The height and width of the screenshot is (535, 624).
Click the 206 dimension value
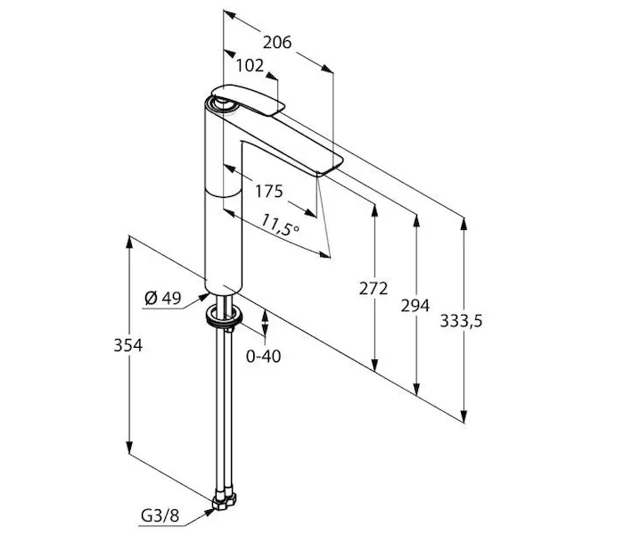pos(277,42)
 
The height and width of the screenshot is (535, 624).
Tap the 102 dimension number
pos(250,65)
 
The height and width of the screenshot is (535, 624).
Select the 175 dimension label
pos(268,191)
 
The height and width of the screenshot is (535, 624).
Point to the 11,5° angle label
pos(279,226)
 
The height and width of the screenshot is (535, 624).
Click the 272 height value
pos(374,288)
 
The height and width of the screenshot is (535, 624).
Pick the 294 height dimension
pos(415,306)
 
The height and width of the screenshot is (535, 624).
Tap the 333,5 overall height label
pos(461,320)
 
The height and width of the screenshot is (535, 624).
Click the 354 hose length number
pos(127,345)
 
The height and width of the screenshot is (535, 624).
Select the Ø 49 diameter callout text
pos(163,297)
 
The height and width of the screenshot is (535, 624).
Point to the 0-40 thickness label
pos(263,357)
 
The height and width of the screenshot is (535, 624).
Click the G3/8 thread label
pos(160,516)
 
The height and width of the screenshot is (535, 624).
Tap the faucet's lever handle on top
pos(248,100)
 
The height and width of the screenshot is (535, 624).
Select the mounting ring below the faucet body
pos(224,315)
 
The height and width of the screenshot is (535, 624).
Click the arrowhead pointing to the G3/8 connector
pos(209,512)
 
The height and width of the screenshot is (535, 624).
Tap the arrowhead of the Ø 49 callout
pos(204,297)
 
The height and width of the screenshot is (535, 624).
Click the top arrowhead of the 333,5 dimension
pos(464,224)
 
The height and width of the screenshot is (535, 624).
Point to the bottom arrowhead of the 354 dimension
pos(129,446)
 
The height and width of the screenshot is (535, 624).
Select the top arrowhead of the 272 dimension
pos(374,210)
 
